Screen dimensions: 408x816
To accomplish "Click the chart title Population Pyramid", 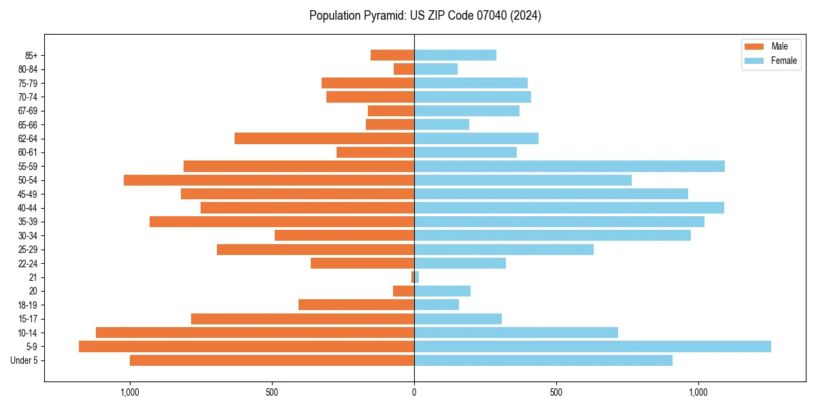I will click(425, 16).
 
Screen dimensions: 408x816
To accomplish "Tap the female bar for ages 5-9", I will click(592, 347).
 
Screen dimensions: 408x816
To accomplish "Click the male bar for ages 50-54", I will click(269, 180).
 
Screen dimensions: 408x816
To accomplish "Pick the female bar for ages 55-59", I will click(569, 167).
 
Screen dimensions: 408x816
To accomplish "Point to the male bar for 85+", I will click(392, 55).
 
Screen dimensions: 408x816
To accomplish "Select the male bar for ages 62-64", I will click(324, 139).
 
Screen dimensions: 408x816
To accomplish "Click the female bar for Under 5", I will click(543, 360).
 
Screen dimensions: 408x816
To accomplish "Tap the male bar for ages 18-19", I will click(356, 305).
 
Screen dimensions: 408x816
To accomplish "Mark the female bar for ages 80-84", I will click(436, 69).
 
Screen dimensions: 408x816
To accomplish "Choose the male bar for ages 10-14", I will click(255, 333).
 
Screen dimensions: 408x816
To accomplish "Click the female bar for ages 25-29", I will click(504, 250).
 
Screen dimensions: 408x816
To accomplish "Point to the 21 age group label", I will click(33, 277).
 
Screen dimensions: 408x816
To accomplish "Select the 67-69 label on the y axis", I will click(27, 111).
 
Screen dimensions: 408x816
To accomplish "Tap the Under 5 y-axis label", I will click(24, 360).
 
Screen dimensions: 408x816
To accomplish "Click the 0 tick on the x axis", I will click(414, 392).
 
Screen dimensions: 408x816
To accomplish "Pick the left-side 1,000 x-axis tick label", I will click(130, 392).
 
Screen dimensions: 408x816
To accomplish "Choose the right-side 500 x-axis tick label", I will click(556, 392).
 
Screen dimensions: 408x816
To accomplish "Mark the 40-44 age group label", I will click(27, 208).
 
